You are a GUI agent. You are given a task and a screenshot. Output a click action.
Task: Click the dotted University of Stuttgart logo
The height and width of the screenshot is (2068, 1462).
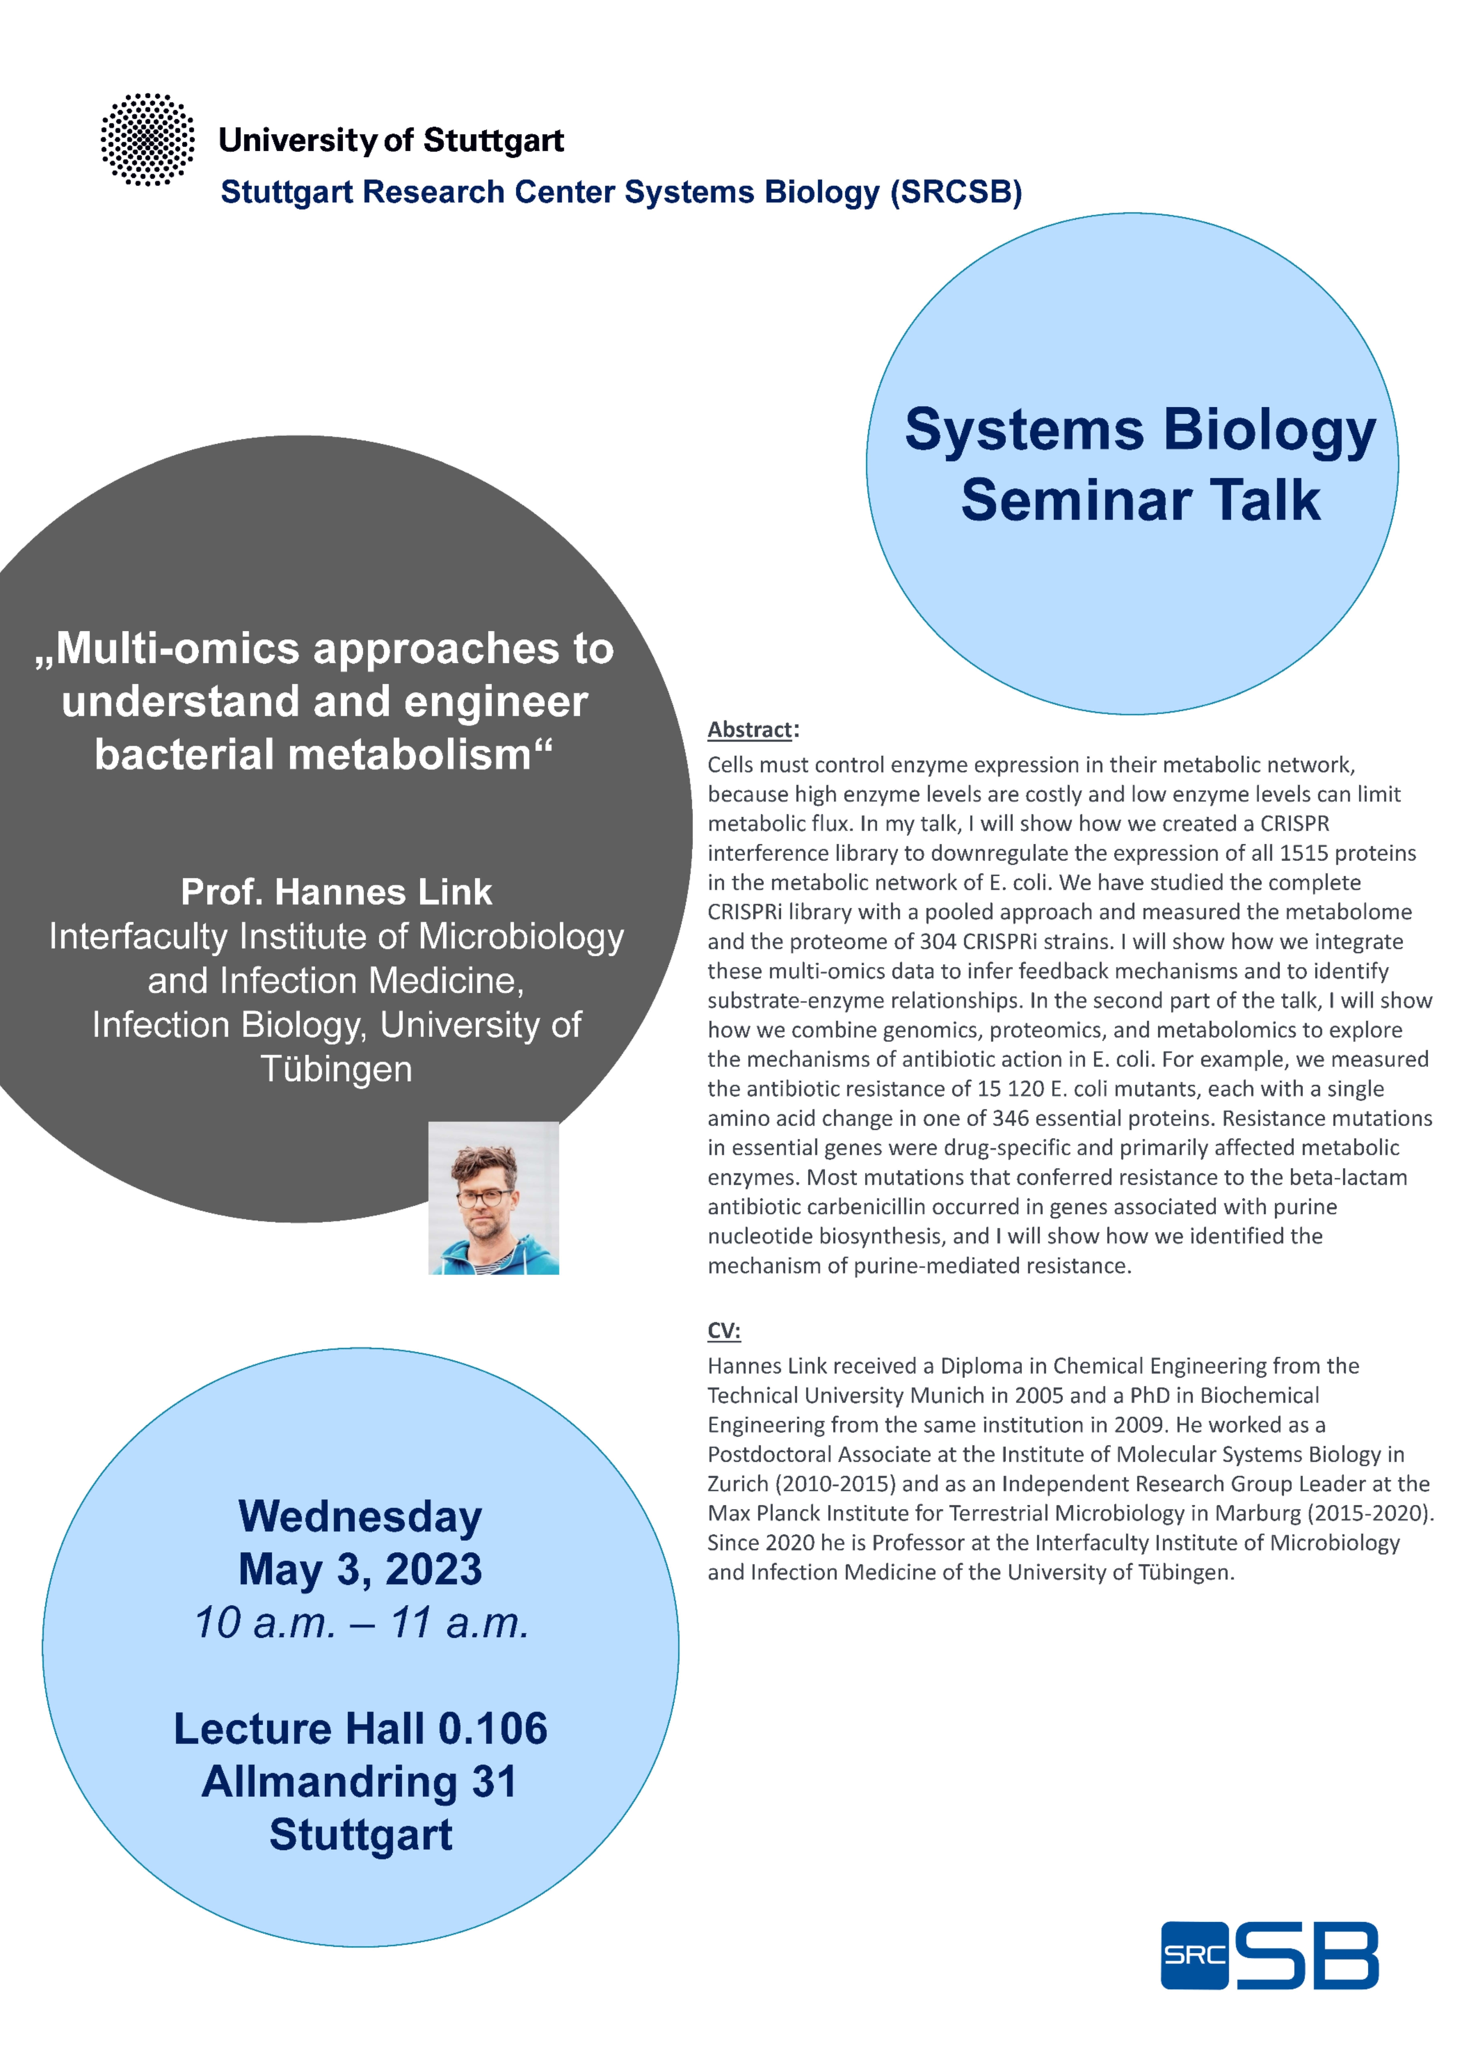[x=148, y=139]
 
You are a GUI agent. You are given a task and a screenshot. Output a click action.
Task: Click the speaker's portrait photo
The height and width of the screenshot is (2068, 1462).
[x=493, y=1198]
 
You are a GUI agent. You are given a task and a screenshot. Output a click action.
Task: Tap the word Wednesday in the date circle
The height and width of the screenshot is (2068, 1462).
[x=360, y=1517]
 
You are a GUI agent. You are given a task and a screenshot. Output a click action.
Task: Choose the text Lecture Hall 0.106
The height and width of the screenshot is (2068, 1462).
[x=360, y=1729]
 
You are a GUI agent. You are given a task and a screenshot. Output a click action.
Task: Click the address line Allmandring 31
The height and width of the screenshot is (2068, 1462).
[x=360, y=1781]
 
